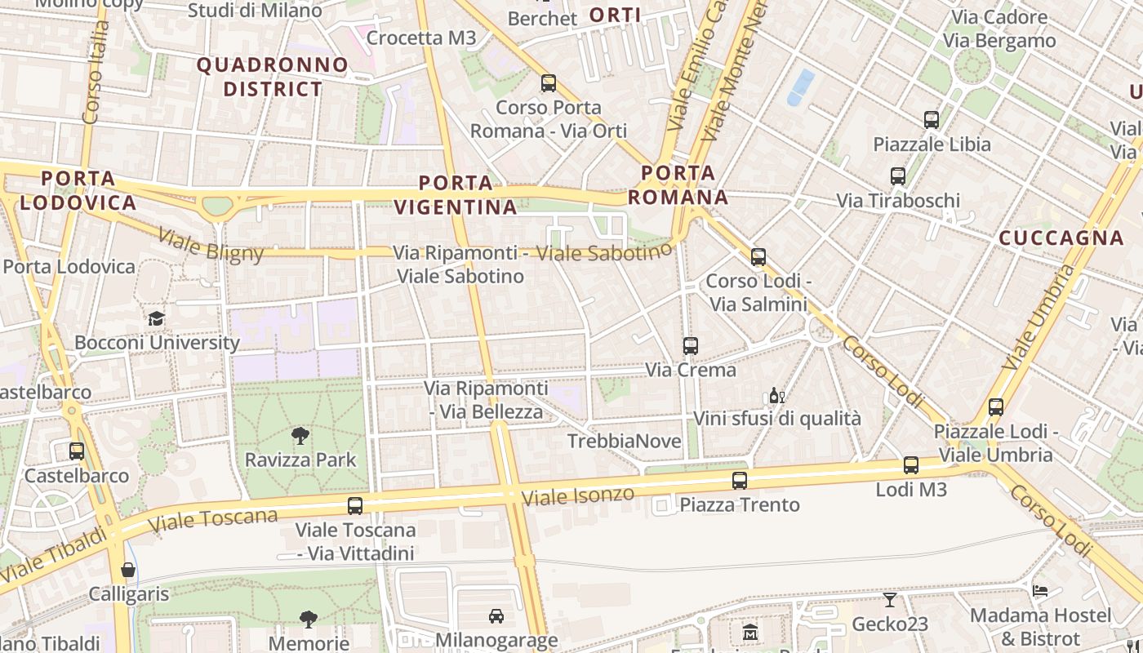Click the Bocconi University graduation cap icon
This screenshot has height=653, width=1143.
156,318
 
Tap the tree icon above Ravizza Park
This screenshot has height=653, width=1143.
300,435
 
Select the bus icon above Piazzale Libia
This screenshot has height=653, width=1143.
932,120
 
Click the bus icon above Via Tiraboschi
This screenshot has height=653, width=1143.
898,176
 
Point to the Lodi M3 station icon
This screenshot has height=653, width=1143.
911,465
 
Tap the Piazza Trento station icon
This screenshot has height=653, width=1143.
740,481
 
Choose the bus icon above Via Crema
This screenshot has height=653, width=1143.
691,346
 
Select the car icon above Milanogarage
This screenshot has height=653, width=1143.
496,615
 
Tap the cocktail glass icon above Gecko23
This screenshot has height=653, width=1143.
890,600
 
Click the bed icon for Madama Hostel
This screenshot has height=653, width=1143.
1040,590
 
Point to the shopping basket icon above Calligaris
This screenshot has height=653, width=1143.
128,570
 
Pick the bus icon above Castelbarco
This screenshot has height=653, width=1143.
77,451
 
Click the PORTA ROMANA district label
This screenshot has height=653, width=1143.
678,184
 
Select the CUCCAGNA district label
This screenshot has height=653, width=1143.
1061,238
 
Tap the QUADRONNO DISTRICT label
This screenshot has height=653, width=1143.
273,77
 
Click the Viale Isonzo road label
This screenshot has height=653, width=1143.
577,495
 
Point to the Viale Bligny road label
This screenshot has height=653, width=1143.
211,245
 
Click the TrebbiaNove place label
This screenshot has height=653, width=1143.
624,442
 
